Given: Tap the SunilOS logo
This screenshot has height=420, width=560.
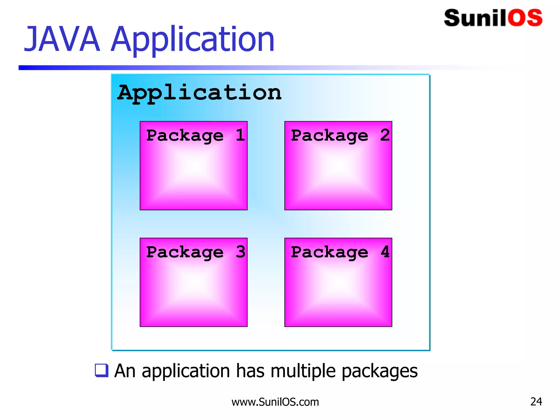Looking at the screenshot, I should pos(493,18).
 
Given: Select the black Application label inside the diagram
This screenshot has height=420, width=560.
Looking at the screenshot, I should pos(200,93).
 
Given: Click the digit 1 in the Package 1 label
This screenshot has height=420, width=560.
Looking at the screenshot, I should pos(240,135).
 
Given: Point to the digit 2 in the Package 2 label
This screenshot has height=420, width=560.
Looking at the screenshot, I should pos(385,135).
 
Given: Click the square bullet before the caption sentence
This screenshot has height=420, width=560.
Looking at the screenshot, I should pos(101,371).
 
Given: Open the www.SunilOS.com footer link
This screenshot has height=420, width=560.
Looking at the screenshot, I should pos(275,402).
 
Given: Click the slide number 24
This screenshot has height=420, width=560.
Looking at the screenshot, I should pos(536,401).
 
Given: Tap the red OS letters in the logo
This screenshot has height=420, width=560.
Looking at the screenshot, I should pos(525,18).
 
